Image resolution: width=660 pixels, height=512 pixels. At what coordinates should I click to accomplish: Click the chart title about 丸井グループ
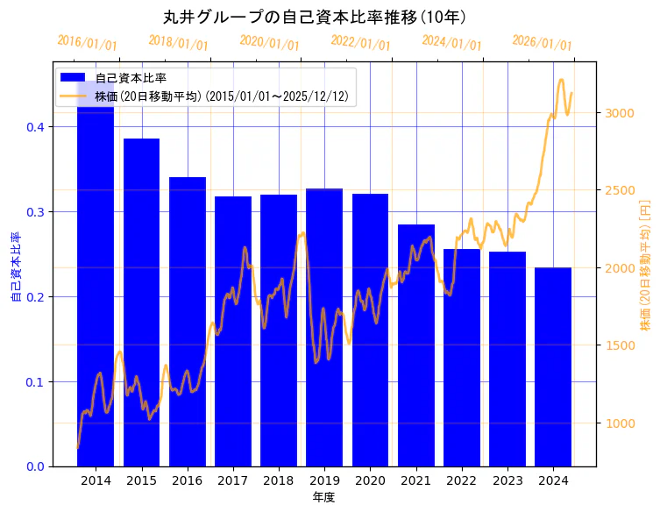point(315,17)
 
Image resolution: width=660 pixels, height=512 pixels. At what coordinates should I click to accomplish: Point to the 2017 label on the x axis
point(233,480)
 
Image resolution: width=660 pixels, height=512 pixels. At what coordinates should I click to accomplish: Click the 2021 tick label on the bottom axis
point(415,480)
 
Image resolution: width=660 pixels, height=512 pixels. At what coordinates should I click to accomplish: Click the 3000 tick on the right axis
point(619,113)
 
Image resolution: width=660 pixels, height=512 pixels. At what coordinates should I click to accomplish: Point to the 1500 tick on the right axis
point(619,345)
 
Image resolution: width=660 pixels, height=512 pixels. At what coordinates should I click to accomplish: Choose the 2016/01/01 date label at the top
point(87,43)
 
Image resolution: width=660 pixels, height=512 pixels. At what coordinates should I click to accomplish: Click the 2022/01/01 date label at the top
point(360,43)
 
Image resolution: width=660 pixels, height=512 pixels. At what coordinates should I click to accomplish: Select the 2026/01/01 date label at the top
point(542,43)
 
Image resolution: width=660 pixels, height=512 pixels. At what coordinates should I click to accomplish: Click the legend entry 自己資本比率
point(131,78)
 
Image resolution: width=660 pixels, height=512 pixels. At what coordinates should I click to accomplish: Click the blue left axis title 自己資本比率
point(15,267)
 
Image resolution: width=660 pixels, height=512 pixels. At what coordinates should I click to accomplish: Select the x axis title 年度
point(323,497)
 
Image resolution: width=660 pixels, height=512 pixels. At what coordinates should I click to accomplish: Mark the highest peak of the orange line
point(561,80)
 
